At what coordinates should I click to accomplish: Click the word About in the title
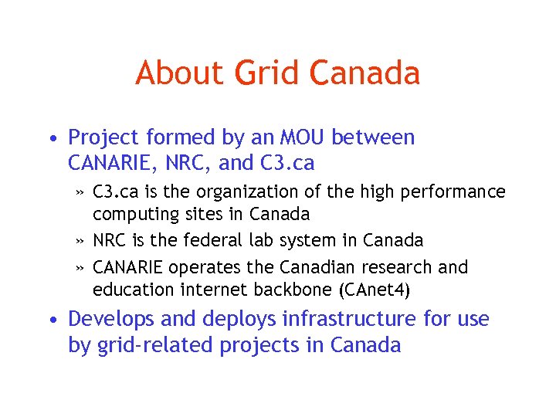(x=179, y=73)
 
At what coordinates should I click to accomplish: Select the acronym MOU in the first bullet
(x=297, y=137)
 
